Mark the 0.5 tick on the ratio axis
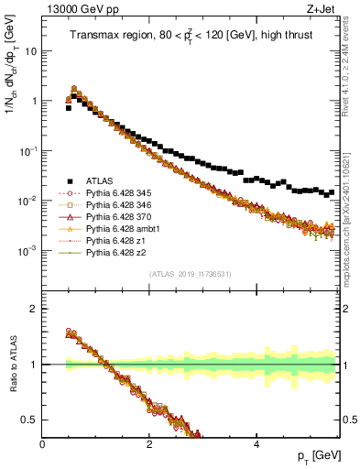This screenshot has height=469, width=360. coord(32,419)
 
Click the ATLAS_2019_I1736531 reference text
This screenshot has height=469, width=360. coord(190,273)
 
